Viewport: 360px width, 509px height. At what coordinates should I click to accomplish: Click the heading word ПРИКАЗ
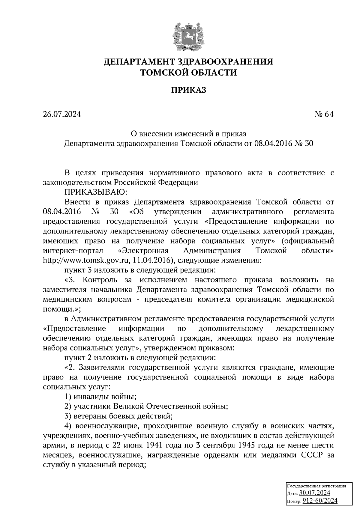[188, 90]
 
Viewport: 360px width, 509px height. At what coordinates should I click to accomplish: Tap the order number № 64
[324, 114]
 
